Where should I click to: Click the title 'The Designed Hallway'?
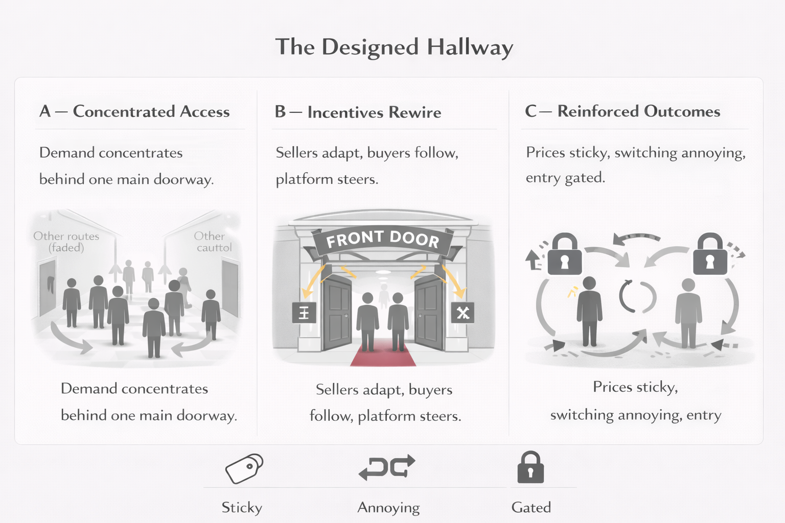coord(394,47)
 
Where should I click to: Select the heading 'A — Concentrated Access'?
coord(134,111)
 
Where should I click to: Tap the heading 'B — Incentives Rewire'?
coord(358,112)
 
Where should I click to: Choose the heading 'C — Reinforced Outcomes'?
coord(622,111)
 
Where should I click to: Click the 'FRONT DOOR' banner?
coord(382,239)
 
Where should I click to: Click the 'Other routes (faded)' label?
coord(66,242)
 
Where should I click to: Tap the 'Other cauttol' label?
coord(213,242)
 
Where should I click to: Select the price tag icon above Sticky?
coord(244,468)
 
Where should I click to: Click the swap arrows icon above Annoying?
coord(387,467)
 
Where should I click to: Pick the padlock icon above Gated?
coord(530,467)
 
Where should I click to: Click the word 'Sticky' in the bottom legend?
coord(242,507)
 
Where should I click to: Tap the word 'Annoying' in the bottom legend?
coord(388,507)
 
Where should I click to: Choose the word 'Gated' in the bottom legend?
coord(531,507)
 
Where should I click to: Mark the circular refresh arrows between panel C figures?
coord(637,297)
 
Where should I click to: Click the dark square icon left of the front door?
coord(304,313)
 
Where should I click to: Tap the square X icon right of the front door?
coord(463,313)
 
